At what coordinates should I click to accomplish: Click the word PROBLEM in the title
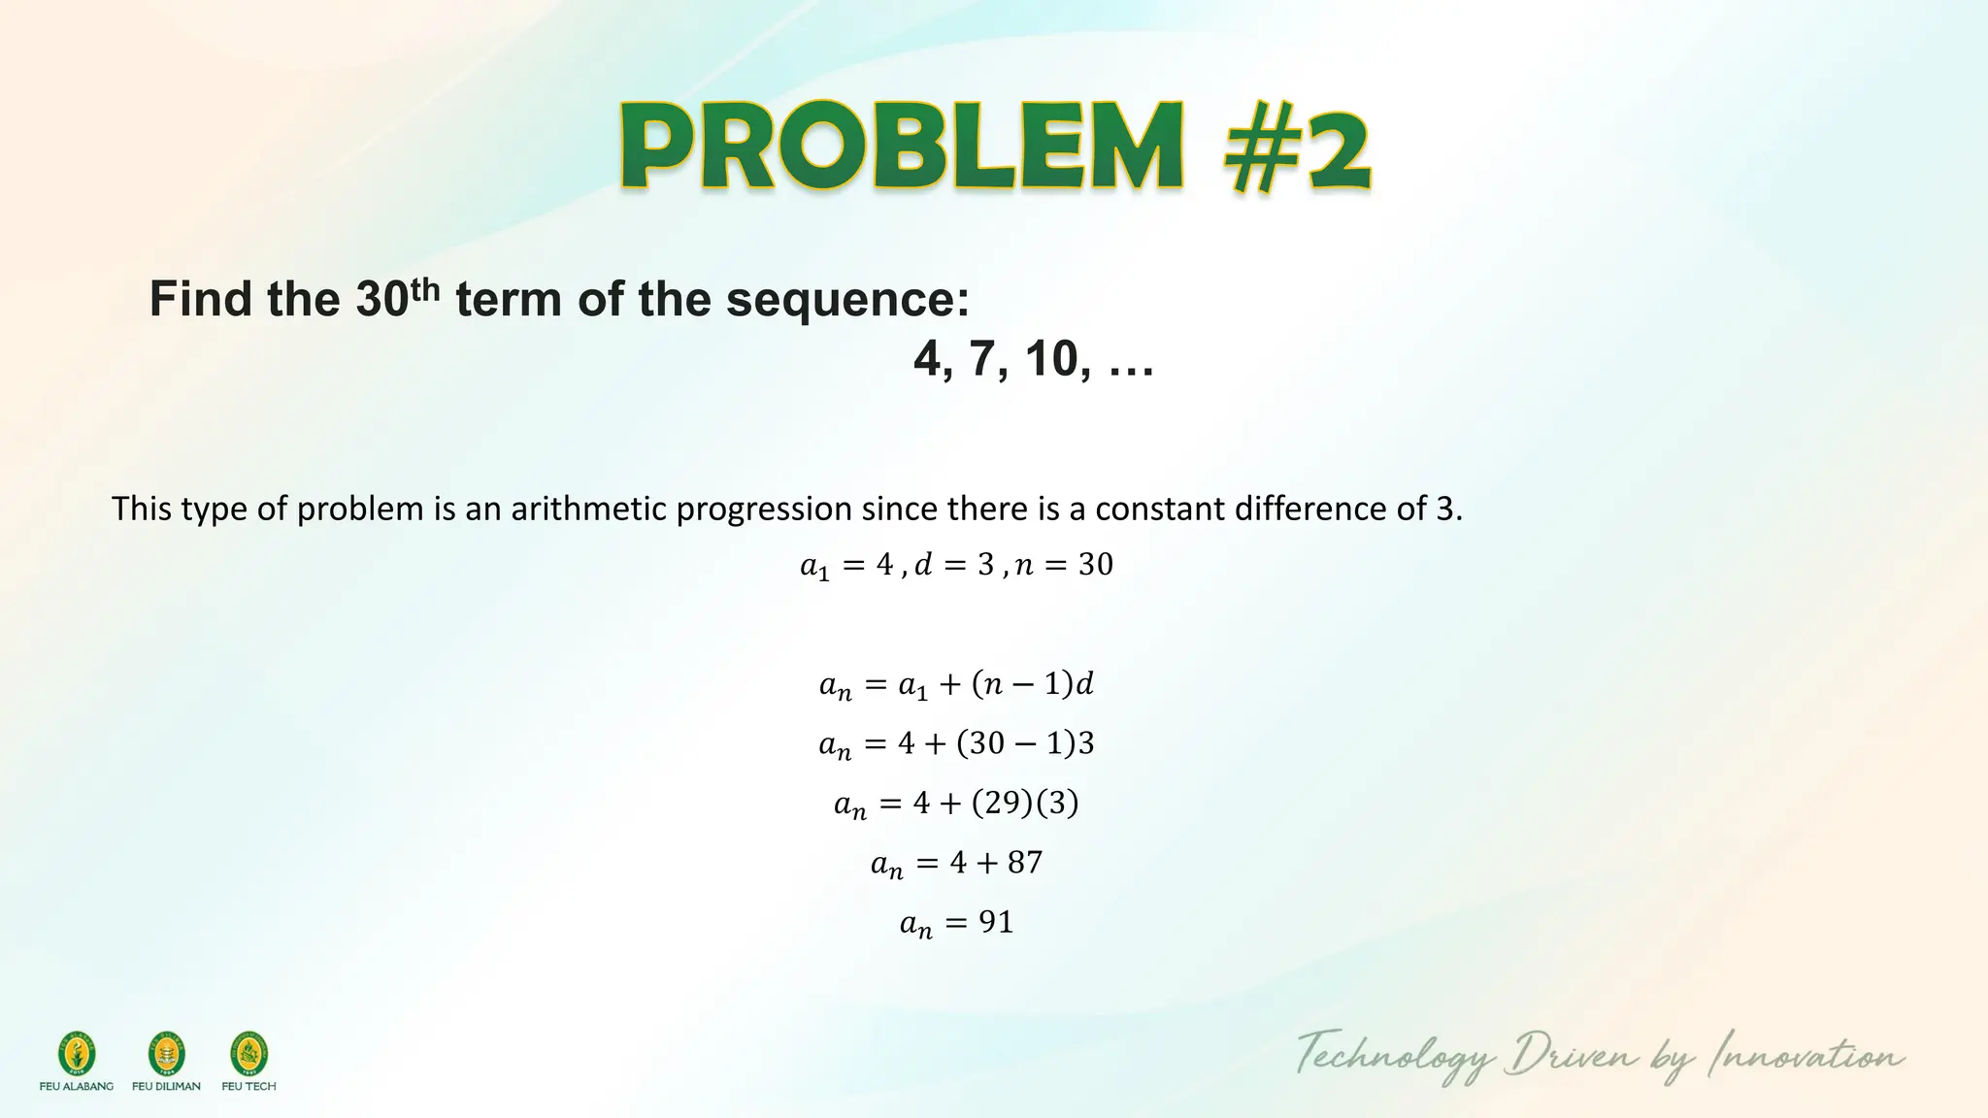(x=901, y=148)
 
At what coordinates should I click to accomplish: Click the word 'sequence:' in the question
(x=847, y=299)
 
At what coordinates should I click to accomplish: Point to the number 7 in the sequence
(x=981, y=359)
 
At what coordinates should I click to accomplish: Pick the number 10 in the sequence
(x=1050, y=359)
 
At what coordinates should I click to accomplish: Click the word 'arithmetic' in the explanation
(x=589, y=509)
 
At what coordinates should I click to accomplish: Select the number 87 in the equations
(x=1024, y=863)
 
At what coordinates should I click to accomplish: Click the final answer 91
(x=996, y=922)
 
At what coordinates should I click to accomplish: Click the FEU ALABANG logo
(x=77, y=1055)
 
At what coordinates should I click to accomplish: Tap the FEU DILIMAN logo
(x=166, y=1055)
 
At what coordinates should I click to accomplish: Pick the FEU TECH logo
(x=248, y=1055)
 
